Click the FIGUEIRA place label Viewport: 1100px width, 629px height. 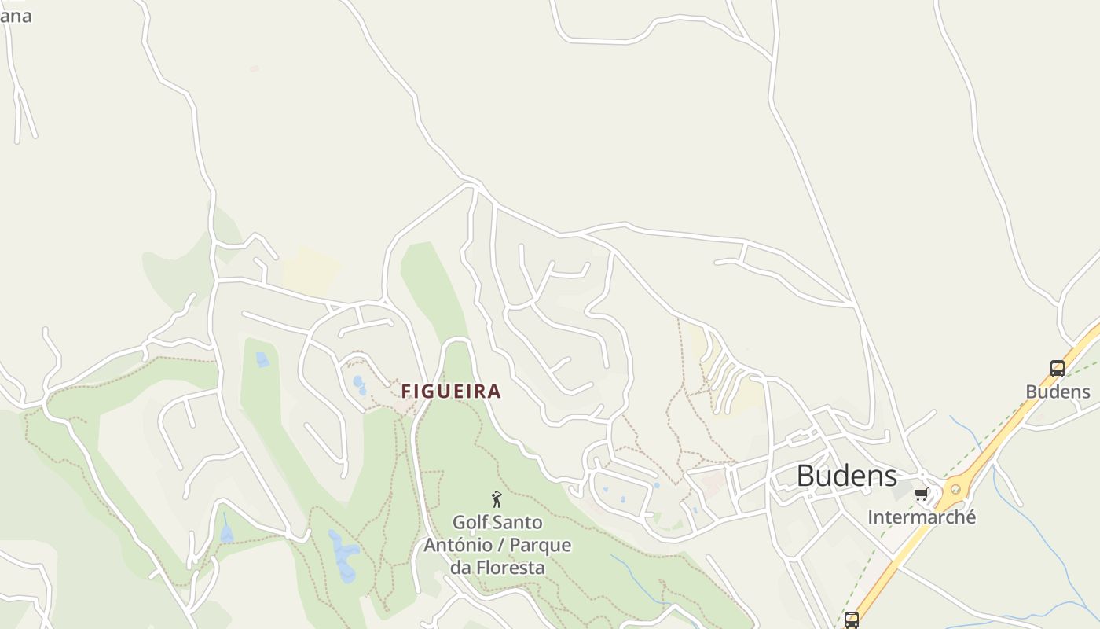pyautogui.click(x=451, y=391)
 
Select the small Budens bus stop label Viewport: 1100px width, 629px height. pyautogui.click(x=1058, y=392)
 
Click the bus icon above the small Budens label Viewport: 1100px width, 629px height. pyautogui.click(x=1058, y=368)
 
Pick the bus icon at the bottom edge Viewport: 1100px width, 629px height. pyautogui.click(x=851, y=620)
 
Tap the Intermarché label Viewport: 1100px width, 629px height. pyautogui.click(x=922, y=517)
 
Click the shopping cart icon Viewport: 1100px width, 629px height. pyautogui.click(x=921, y=495)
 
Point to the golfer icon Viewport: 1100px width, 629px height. pyautogui.click(x=497, y=498)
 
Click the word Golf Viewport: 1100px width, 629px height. pyautogui.click(x=471, y=522)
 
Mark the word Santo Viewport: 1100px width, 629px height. pyautogui.click(x=518, y=522)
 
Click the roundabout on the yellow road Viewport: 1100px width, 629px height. pyautogui.click(x=955, y=489)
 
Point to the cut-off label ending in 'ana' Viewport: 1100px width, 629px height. pyautogui.click(x=16, y=15)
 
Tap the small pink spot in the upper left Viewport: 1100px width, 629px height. pyautogui.click(x=254, y=69)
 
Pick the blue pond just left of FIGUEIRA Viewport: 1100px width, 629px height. pyautogui.click(x=359, y=384)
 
